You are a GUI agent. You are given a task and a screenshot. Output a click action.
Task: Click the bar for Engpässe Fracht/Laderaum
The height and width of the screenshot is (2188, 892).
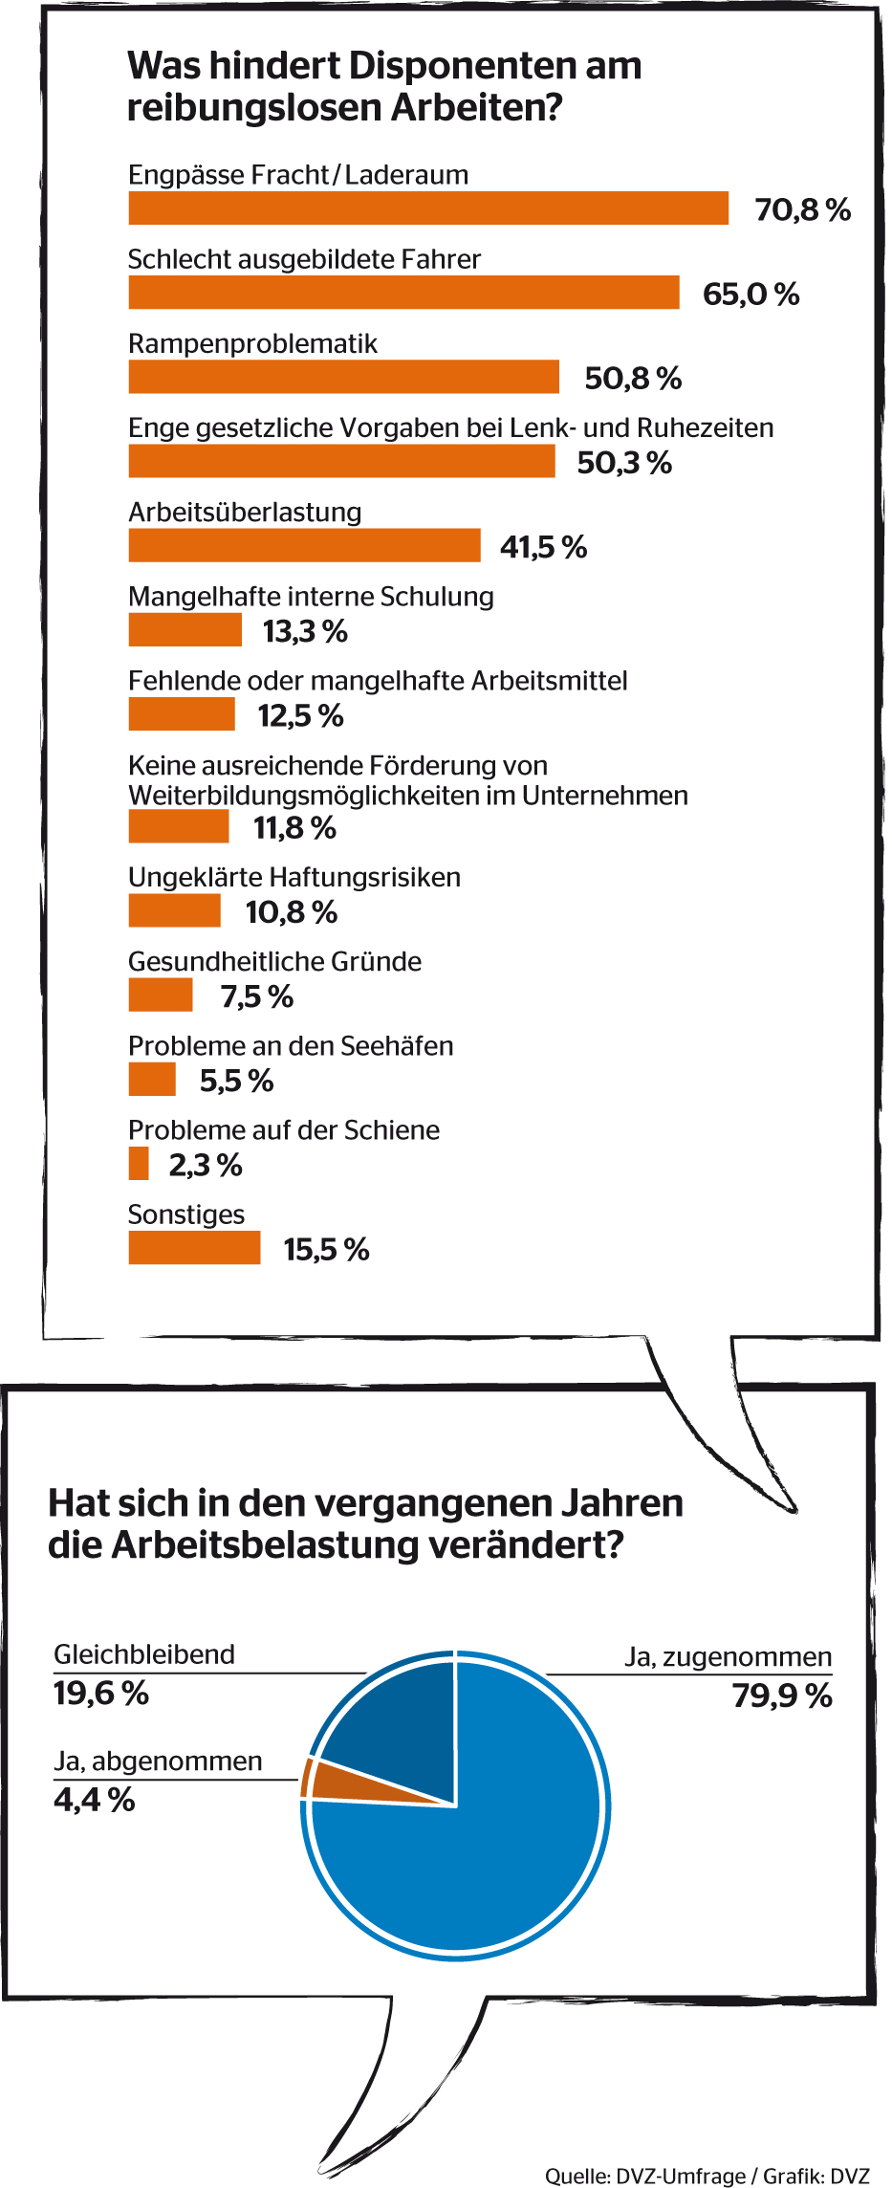click(x=428, y=208)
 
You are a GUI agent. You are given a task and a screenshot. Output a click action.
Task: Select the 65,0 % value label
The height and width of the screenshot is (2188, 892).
click(x=751, y=294)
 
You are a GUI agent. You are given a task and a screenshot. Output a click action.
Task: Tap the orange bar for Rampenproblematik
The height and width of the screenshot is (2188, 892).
click(x=343, y=377)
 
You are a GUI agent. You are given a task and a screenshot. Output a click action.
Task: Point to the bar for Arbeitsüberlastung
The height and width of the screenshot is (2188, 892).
click(x=304, y=545)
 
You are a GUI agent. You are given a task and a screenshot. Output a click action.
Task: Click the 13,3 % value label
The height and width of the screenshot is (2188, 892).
click(x=305, y=631)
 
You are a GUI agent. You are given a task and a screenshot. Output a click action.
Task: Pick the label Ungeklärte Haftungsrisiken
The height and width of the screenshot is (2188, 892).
click(x=294, y=877)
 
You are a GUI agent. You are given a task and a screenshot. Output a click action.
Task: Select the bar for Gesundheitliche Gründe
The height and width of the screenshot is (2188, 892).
click(x=161, y=995)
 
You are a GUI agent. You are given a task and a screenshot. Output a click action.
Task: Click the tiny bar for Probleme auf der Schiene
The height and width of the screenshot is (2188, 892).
click(x=139, y=1164)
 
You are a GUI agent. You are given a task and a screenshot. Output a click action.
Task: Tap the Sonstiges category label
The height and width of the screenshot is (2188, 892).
click(x=186, y=1214)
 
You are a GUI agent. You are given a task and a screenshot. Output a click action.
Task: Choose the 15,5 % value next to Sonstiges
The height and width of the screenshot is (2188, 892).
click(x=326, y=1249)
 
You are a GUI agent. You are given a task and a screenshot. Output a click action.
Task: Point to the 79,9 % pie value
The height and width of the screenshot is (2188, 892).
click(x=782, y=1696)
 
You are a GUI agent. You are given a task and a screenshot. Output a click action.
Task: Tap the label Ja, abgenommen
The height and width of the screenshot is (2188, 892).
click(x=158, y=1761)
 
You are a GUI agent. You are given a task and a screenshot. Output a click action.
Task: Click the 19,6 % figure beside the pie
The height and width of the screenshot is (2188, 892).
click(x=101, y=1693)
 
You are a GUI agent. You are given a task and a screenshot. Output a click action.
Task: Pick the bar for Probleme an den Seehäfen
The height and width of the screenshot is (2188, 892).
click(x=152, y=1079)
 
